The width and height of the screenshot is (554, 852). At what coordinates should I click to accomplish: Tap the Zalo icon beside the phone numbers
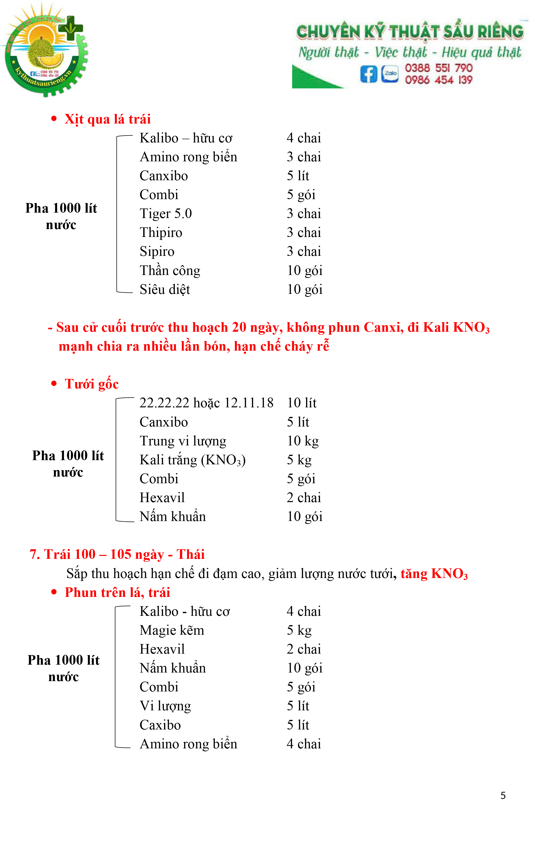(390, 74)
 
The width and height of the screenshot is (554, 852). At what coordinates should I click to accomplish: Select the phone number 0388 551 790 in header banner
(438, 68)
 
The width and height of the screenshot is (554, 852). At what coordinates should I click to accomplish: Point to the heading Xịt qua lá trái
(107, 119)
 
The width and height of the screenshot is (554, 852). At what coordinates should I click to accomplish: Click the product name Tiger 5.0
(166, 214)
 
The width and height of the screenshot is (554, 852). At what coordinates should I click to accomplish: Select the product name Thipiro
(161, 233)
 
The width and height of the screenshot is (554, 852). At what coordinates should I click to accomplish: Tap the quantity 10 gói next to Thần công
(304, 271)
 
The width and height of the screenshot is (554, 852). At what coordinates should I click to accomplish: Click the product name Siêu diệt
(165, 290)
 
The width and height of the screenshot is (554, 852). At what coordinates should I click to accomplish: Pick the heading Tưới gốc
(91, 384)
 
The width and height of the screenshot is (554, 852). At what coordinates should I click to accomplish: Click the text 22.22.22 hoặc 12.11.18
(206, 403)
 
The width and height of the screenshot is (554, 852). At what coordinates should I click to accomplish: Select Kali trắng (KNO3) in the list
(193, 460)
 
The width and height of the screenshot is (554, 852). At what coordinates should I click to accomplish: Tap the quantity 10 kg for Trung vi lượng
(303, 441)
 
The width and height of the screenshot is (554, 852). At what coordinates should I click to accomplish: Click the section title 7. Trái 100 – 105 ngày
(117, 554)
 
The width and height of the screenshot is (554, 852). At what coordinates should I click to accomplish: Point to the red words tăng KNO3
(434, 574)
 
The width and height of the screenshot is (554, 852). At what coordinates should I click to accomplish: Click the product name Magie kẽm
(172, 631)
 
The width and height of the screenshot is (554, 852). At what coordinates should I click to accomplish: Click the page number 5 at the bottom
(503, 796)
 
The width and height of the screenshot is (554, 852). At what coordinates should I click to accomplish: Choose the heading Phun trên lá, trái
(117, 592)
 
